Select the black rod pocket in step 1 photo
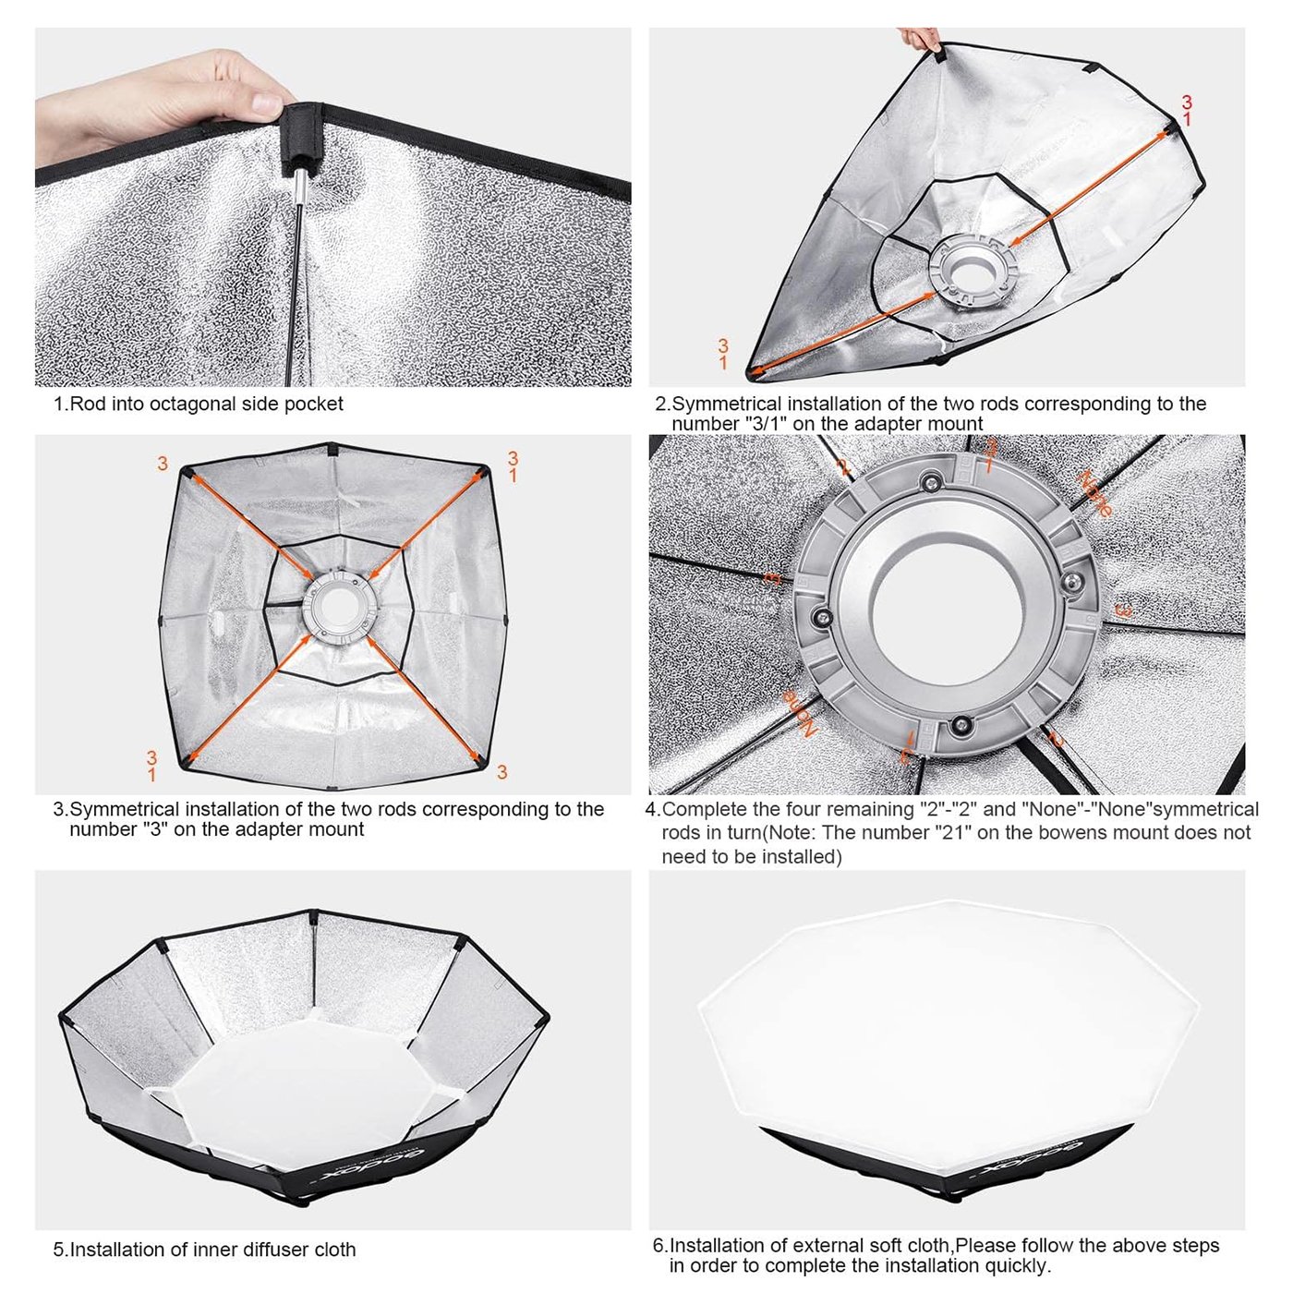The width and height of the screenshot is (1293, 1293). click(x=302, y=129)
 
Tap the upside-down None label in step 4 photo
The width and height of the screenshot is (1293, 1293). click(x=801, y=712)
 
